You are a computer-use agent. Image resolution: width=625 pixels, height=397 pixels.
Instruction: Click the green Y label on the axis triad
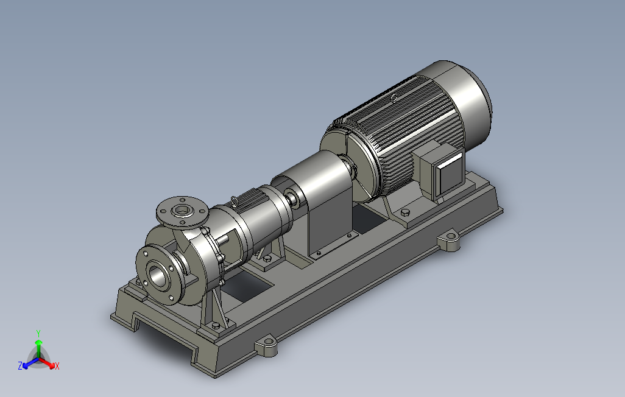click(38, 333)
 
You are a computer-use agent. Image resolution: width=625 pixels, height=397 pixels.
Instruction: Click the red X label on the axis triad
click(57, 366)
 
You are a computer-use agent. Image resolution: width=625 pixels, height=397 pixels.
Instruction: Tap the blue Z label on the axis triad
click(20, 365)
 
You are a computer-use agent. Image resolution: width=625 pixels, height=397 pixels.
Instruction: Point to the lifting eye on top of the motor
click(394, 97)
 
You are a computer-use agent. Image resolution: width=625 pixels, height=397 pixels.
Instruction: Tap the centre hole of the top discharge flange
click(183, 210)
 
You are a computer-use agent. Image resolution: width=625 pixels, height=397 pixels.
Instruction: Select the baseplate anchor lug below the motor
click(449, 241)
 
